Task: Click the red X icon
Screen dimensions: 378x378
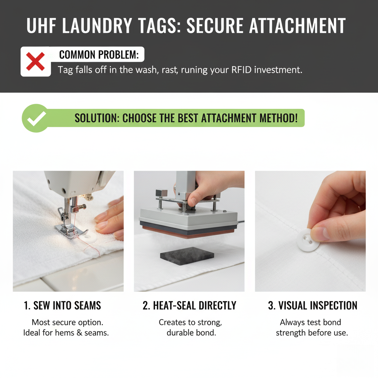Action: click(x=35, y=62)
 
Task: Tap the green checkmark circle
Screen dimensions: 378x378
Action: click(x=35, y=118)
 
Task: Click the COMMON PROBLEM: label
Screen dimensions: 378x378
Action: click(x=99, y=55)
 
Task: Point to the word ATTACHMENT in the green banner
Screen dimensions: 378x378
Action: click(x=231, y=118)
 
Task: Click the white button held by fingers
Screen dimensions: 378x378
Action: click(x=308, y=241)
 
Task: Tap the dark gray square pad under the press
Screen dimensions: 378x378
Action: click(x=187, y=255)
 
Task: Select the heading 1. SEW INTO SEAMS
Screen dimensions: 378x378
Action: click(x=62, y=306)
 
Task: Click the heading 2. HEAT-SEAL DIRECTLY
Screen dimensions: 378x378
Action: click(x=189, y=306)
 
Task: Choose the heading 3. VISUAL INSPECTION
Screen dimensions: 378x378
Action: click(x=312, y=306)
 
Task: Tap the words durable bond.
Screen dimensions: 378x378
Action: click(x=191, y=333)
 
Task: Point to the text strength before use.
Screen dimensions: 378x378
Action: click(x=312, y=333)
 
